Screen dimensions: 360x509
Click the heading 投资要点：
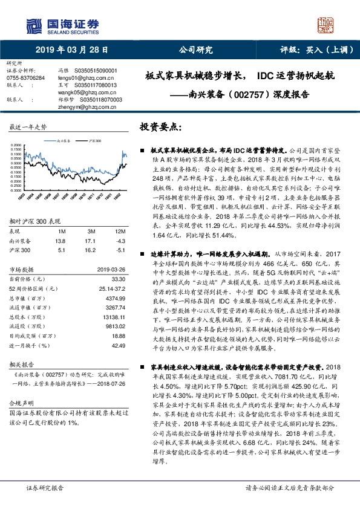pos(160,128)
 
